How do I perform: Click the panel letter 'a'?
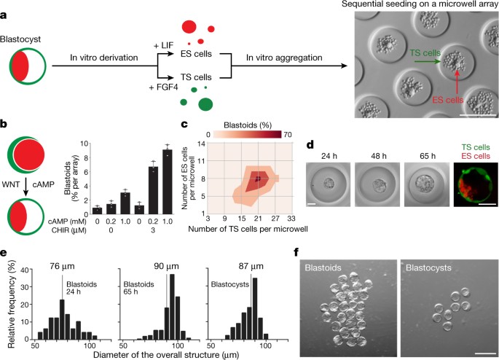pyautogui.click(x=7, y=7)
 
